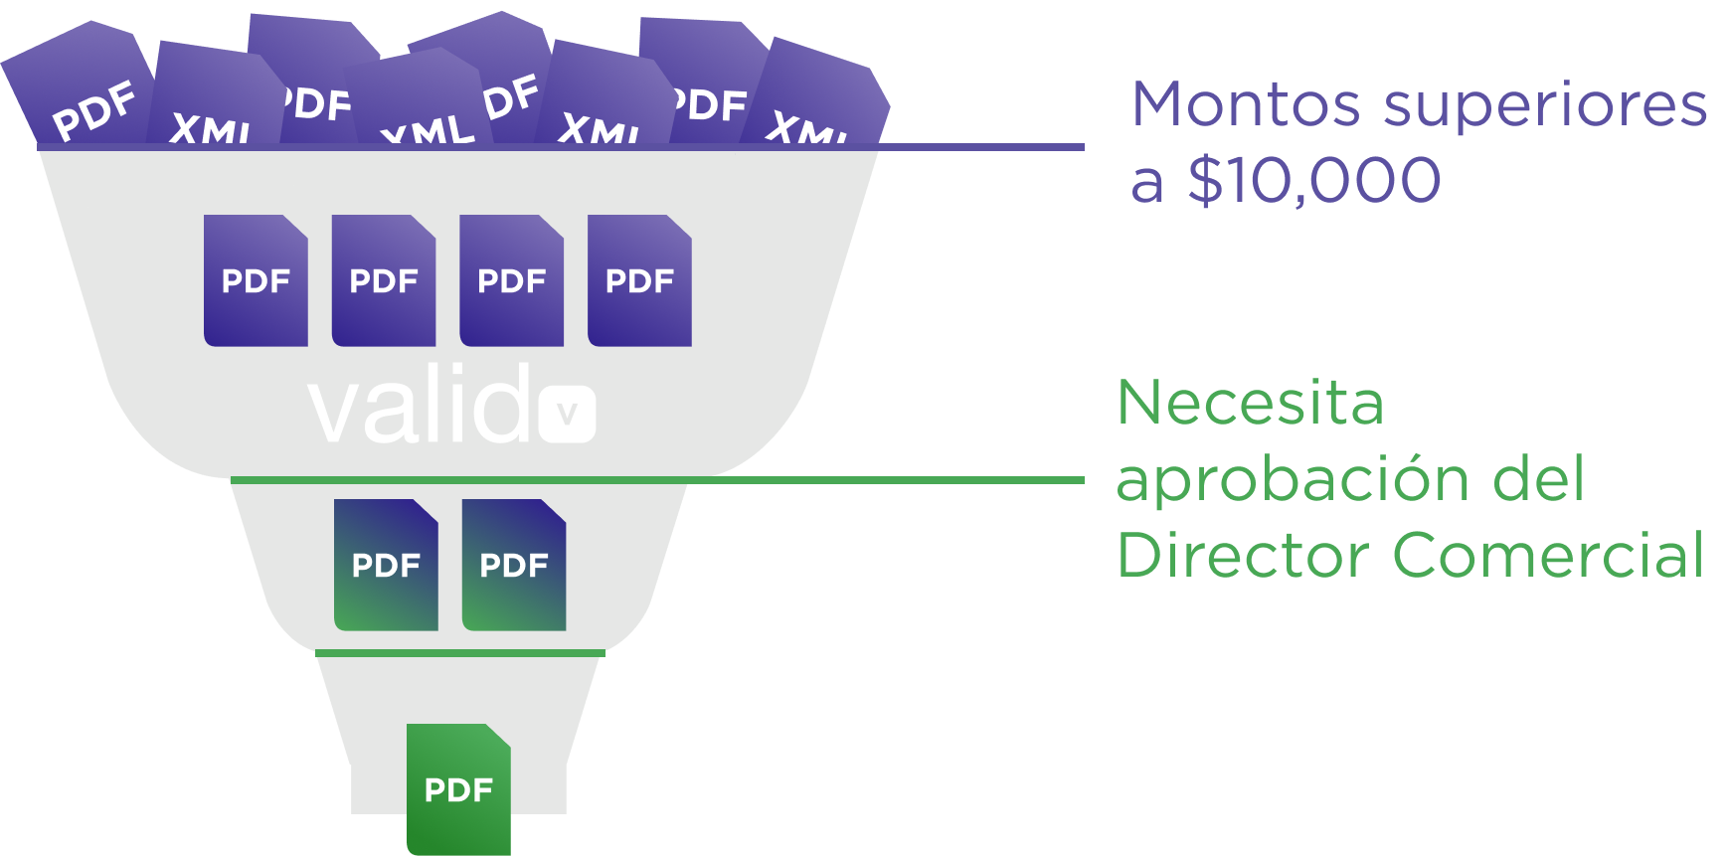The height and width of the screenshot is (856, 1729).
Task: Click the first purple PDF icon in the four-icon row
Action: click(x=256, y=280)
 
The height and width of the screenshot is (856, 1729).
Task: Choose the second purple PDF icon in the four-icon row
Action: click(x=384, y=280)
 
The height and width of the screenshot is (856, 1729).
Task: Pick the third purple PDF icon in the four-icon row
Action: click(x=512, y=280)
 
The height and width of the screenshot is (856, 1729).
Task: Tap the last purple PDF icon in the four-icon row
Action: click(x=639, y=280)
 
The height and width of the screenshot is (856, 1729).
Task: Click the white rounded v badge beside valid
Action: click(x=568, y=414)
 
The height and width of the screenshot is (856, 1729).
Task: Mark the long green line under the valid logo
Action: click(x=676, y=480)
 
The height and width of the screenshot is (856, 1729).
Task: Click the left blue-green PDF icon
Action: click(x=386, y=565)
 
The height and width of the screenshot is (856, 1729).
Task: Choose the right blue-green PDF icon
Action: click(x=514, y=565)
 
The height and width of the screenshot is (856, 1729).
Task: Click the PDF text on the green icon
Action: click(x=458, y=790)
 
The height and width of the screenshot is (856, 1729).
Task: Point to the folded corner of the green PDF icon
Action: click(x=498, y=736)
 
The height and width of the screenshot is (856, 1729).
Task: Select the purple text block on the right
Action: click(x=1412, y=144)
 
